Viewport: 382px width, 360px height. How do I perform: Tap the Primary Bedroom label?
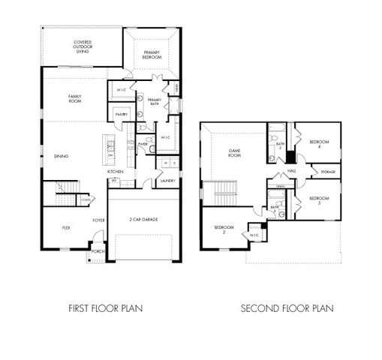pyautogui.click(x=152, y=54)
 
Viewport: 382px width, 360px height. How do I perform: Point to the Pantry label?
pyautogui.click(x=119, y=114)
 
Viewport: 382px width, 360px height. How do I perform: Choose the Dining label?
pyautogui.click(x=62, y=156)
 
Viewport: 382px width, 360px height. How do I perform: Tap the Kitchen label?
pyautogui.click(x=115, y=172)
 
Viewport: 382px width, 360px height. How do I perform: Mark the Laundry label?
pyautogui.click(x=167, y=181)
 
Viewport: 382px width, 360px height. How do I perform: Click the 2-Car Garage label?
pyautogui.click(x=144, y=219)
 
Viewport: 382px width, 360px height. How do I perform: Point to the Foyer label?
pyautogui.click(x=98, y=220)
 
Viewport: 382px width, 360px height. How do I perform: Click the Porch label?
pyautogui.click(x=98, y=251)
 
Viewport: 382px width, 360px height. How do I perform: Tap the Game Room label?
pyautogui.click(x=234, y=153)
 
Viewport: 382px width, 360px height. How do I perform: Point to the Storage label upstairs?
pyautogui.click(x=328, y=172)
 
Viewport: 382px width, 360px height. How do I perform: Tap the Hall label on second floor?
pyautogui.click(x=292, y=171)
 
